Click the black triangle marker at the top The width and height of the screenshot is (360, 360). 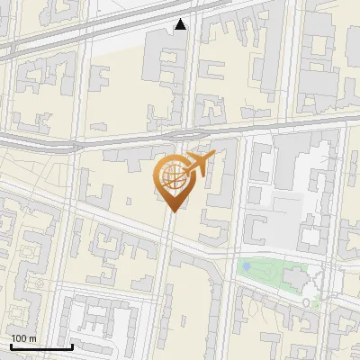pyautogui.click(x=181, y=24)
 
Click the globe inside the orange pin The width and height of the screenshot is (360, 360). pyautogui.click(x=171, y=177)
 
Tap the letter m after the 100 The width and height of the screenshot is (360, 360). pyautogui.click(x=32, y=338)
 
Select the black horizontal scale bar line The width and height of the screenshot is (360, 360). pyautogui.click(x=41, y=347)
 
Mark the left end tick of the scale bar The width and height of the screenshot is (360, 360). pyautogui.click(x=11, y=346)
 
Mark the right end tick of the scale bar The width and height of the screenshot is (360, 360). pyautogui.click(x=72, y=346)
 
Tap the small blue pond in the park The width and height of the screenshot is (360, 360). pyautogui.click(x=247, y=266)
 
